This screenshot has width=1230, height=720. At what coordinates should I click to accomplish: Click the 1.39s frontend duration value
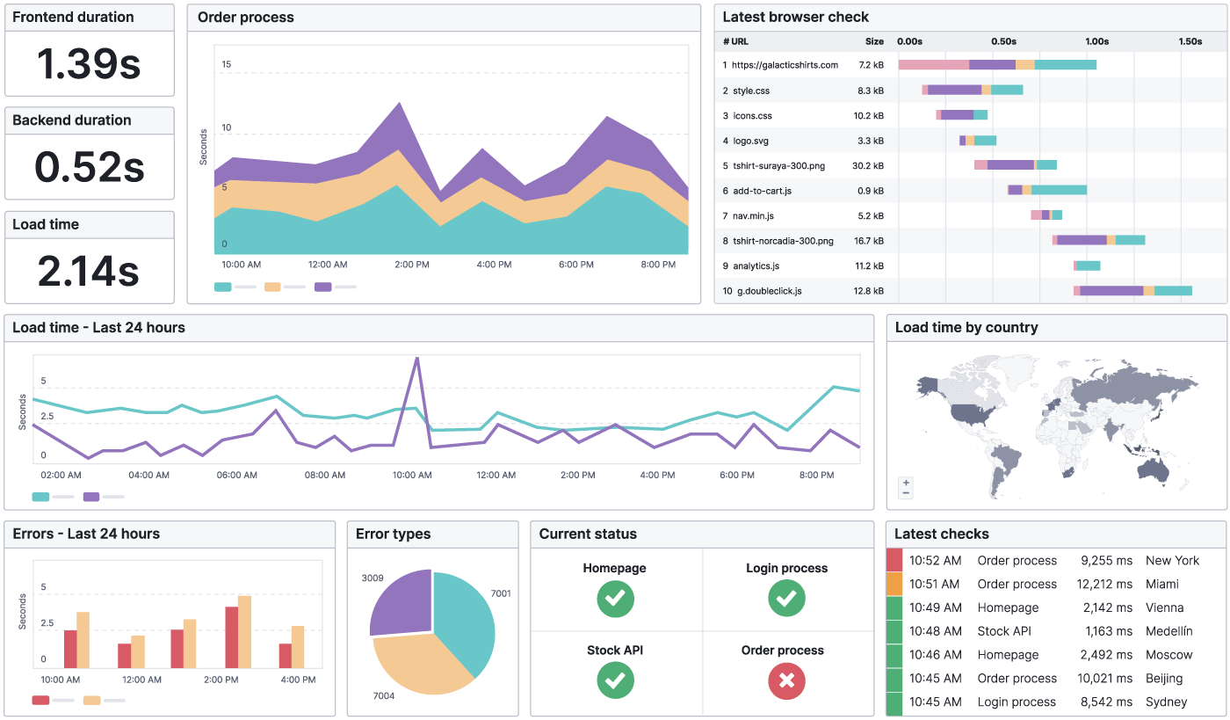(x=89, y=63)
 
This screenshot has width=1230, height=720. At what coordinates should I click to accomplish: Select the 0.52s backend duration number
(x=89, y=167)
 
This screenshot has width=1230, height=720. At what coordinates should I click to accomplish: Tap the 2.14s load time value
(x=89, y=271)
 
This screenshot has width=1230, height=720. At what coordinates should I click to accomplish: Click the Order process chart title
(x=246, y=18)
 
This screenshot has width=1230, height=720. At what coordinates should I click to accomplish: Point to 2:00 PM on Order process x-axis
(x=412, y=265)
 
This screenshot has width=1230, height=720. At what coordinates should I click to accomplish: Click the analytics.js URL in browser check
(x=756, y=265)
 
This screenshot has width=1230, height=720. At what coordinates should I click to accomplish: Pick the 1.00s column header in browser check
(x=1096, y=41)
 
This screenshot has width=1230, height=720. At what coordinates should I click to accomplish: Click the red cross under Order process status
(x=786, y=681)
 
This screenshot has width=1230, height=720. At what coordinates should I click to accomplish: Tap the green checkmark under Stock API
(x=616, y=681)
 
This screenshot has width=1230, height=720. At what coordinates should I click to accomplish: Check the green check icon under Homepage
(x=616, y=599)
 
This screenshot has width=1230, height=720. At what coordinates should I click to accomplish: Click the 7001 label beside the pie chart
(x=501, y=593)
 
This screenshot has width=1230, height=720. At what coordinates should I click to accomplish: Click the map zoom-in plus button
(x=906, y=483)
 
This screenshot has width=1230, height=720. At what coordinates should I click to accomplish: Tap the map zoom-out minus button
(x=906, y=493)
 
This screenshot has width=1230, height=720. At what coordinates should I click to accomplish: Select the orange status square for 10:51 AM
(x=894, y=584)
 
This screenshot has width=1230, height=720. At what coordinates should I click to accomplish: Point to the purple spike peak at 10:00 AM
(x=416, y=358)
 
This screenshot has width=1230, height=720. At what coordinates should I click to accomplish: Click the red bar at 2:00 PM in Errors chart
(x=232, y=636)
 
